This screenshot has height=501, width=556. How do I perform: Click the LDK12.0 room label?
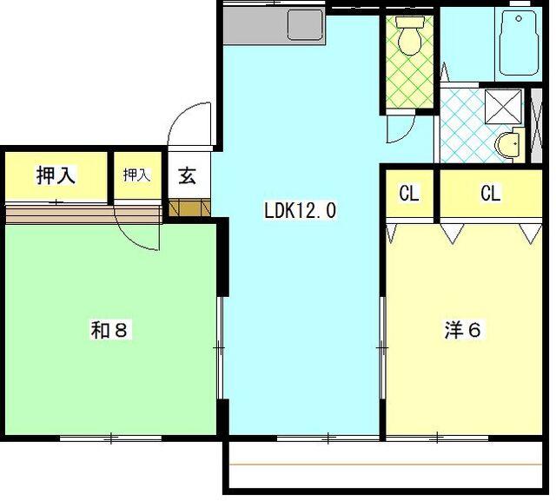[300, 209]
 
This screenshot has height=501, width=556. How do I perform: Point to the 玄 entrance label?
[187, 175]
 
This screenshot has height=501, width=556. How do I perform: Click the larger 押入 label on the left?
[56, 175]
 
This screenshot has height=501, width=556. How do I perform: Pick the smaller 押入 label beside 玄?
[136, 175]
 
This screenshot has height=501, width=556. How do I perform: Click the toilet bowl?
[407, 40]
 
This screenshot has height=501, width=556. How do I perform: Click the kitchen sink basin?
[303, 27]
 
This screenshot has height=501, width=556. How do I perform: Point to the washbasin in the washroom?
[507, 142]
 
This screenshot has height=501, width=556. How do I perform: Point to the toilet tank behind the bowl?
[407, 21]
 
